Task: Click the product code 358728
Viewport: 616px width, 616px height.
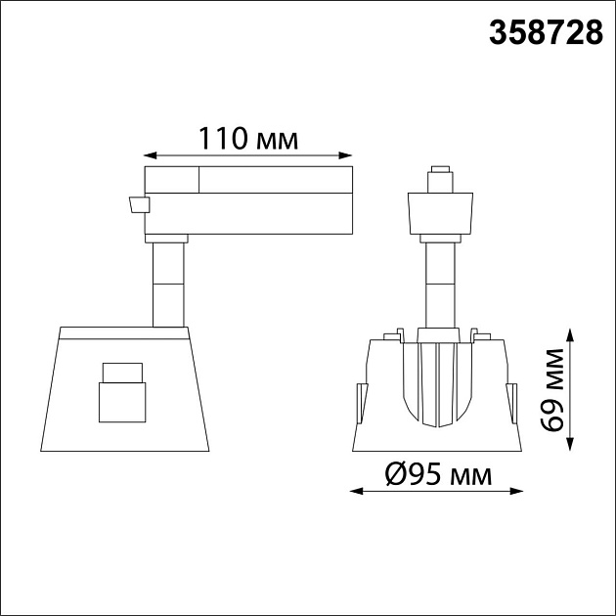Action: click(546, 32)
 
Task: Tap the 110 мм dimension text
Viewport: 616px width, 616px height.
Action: click(248, 138)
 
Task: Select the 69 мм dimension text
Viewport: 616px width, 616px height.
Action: click(552, 389)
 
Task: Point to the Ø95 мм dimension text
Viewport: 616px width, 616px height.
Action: click(438, 474)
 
